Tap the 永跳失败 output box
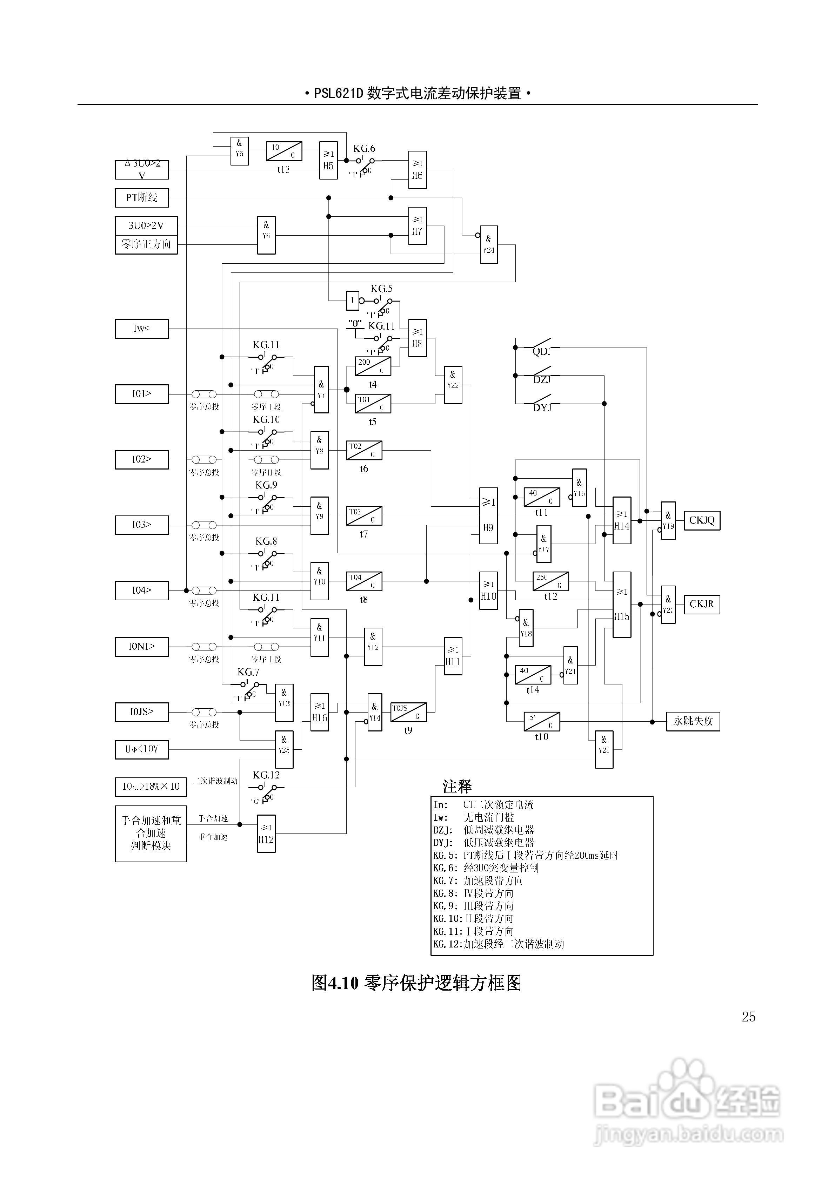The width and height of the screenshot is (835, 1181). click(693, 721)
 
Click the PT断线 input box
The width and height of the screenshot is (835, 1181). click(142, 197)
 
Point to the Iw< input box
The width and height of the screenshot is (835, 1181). click(142, 329)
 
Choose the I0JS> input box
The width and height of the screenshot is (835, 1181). click(142, 712)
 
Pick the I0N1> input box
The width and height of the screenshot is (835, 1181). click(142, 647)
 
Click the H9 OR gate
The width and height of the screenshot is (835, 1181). click(488, 515)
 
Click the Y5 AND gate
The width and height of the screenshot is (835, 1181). click(239, 151)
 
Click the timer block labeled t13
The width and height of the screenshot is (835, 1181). click(283, 151)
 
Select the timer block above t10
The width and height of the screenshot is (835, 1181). click(542, 721)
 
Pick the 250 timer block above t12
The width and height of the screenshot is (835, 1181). click(550, 581)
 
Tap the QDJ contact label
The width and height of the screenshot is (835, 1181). click(542, 351)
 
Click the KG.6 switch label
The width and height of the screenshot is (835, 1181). click(364, 149)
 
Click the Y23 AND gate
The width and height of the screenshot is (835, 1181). click(604, 749)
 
